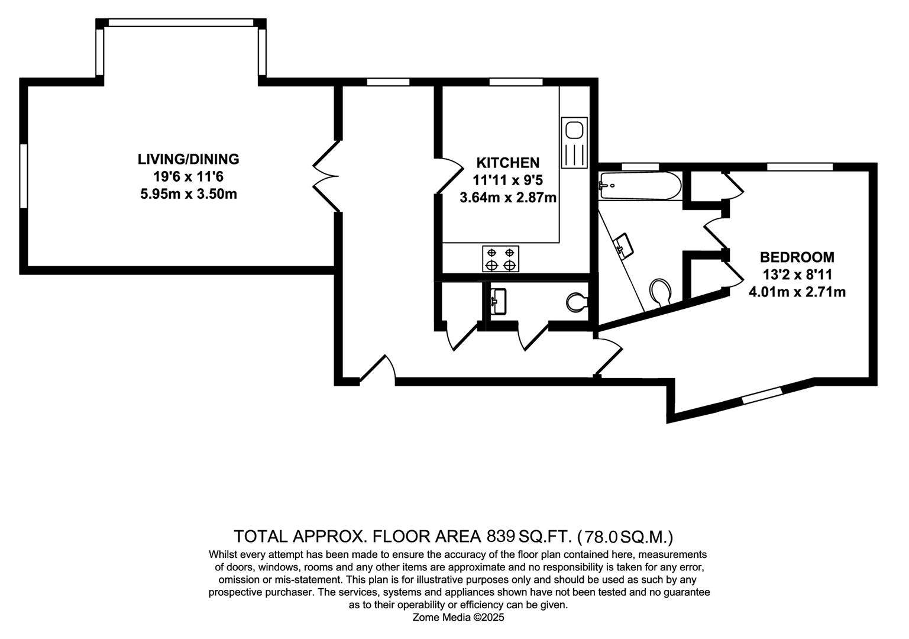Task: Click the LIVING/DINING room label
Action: pos(188,159)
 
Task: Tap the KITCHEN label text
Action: pos(508,163)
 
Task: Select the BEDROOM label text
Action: pos(797,257)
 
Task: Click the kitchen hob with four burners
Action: pos(501,259)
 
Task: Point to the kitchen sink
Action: pos(574,143)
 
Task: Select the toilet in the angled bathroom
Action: pos(661,293)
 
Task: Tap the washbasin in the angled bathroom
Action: pos(625,245)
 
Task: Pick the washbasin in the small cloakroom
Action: pos(498,301)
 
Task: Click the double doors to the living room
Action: pos(325,176)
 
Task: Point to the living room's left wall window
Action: pos(23,176)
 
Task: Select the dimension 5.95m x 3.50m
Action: pos(188,194)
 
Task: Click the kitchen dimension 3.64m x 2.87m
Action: pos(508,198)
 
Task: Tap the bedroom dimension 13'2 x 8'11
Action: pos(797,275)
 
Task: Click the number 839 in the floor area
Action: pos(501,537)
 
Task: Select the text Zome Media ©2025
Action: pos(458,618)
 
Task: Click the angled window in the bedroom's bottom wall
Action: pos(761,395)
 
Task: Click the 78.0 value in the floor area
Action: pos(601,537)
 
